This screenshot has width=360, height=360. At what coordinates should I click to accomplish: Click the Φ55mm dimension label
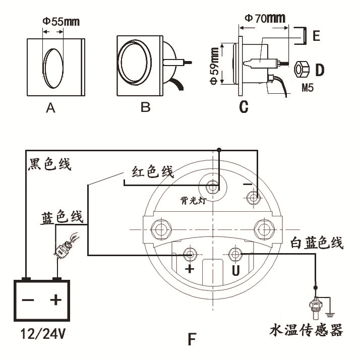point(61,22)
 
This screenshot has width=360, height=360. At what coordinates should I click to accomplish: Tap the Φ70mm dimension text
point(265,19)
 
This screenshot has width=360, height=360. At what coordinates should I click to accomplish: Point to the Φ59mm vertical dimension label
point(215,66)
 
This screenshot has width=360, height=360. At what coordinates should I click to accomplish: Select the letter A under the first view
point(50,108)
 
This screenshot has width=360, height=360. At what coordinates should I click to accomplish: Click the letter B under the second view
point(146,108)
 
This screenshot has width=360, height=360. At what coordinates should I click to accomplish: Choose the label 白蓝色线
point(317,244)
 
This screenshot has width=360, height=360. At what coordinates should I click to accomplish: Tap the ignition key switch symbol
point(66,246)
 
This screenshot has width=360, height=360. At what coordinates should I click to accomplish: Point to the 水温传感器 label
point(307,331)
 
